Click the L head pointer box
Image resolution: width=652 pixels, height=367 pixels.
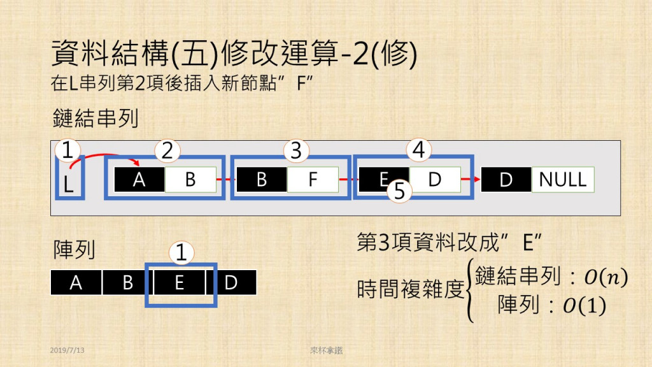point(69,181)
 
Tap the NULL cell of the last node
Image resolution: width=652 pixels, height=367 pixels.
point(563,180)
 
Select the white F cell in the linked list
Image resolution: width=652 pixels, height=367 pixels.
point(313,180)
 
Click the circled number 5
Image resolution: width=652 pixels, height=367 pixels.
point(400,191)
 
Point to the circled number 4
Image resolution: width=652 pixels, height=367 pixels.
point(418,151)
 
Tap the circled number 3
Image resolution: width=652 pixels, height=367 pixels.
point(295,151)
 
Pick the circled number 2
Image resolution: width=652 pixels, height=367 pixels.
point(167,151)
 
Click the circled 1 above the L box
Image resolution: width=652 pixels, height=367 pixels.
point(68,151)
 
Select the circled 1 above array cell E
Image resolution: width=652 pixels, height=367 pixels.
point(181,253)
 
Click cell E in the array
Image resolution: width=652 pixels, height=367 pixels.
point(180,282)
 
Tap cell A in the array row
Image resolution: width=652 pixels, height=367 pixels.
point(76,282)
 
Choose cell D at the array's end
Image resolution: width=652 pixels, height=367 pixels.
point(231,282)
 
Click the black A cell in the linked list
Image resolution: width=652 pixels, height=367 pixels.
point(139,180)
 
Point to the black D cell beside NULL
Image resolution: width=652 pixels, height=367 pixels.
point(506,180)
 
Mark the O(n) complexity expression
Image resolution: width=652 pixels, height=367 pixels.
point(604,277)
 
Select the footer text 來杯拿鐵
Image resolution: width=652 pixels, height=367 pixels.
point(323,350)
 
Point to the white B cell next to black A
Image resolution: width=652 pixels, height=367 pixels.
point(190,180)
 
